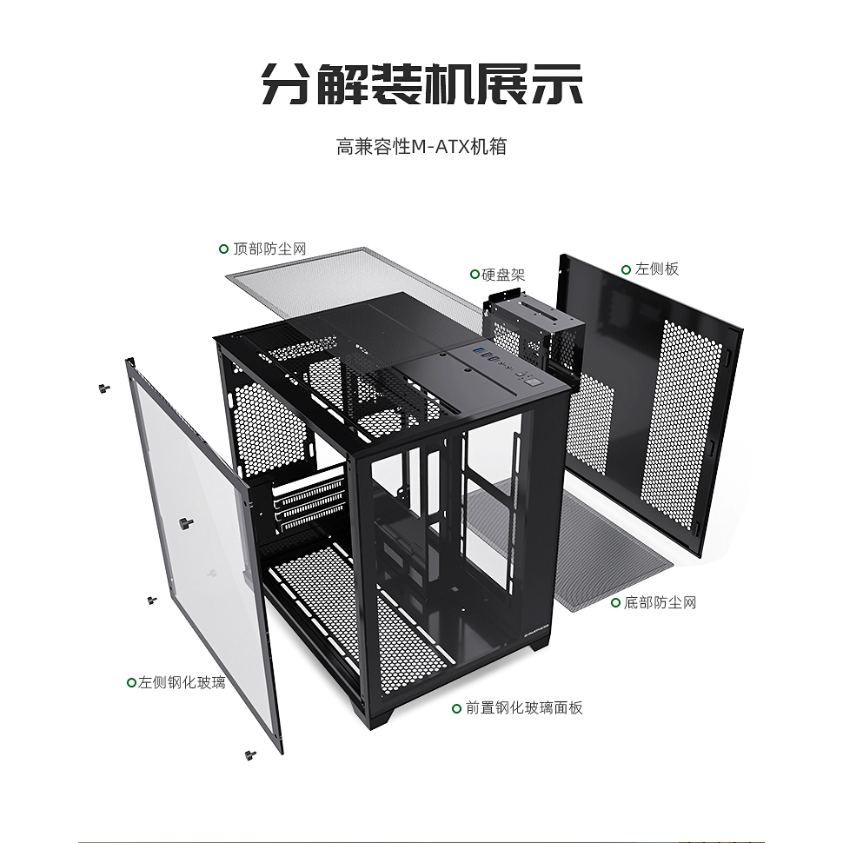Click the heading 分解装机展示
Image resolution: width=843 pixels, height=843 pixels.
(422, 84)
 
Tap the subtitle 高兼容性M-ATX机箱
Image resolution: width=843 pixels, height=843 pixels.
(421, 147)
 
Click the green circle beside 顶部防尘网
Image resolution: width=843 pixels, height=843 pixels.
(223, 249)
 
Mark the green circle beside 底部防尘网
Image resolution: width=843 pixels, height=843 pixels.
(615, 602)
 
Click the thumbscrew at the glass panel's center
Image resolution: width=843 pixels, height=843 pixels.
(185, 522)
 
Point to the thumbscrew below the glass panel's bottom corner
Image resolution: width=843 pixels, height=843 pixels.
(250, 755)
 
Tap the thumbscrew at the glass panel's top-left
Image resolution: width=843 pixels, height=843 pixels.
(103, 388)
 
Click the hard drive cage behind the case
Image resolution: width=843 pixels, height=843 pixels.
(532, 333)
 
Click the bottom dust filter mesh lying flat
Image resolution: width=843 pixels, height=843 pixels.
(570, 543)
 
